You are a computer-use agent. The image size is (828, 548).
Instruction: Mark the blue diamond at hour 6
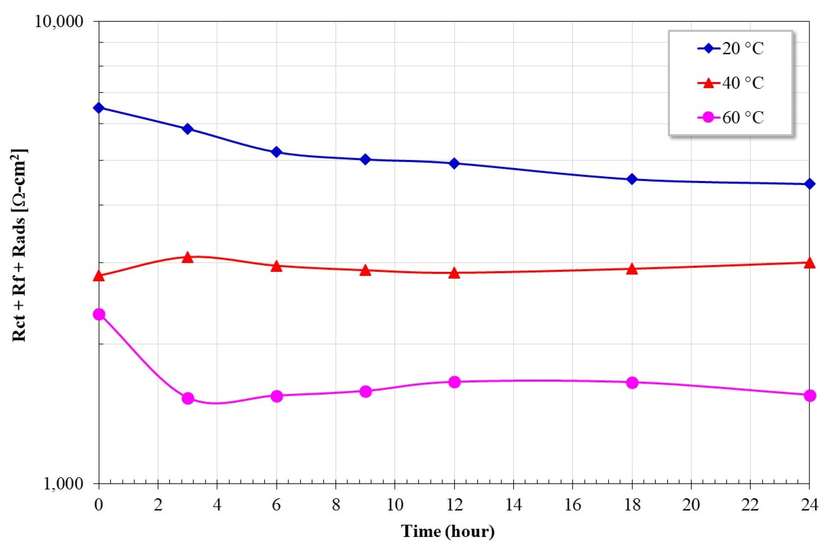pyautogui.click(x=277, y=152)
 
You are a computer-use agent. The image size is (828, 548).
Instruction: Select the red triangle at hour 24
pyautogui.click(x=810, y=263)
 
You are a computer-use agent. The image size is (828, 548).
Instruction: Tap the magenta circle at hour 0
pyautogui.click(x=99, y=315)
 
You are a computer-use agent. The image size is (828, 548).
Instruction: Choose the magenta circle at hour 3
pyautogui.click(x=188, y=398)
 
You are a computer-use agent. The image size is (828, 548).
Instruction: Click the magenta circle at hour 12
pyautogui.click(x=454, y=382)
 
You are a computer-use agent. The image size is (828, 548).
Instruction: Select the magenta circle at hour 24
pyautogui.click(x=810, y=396)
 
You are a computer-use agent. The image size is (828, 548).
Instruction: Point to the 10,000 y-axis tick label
pyautogui.click(x=59, y=22)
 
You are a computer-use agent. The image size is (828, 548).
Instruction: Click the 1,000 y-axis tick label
pyautogui.click(x=63, y=484)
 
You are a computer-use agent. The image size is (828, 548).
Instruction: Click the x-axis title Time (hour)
pyautogui.click(x=448, y=532)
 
